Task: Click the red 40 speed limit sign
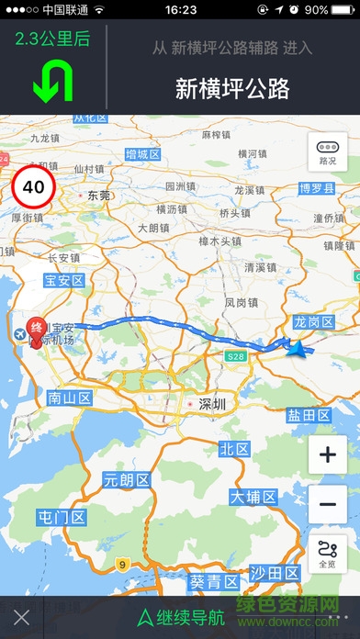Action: click(x=33, y=186)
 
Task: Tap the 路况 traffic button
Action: click(x=328, y=152)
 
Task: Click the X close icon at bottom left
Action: click(x=22, y=617)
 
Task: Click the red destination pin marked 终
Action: click(x=37, y=330)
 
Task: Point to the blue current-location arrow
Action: click(x=296, y=348)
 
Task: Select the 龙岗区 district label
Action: click(x=313, y=321)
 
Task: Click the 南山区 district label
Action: click(x=70, y=398)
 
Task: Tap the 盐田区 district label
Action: click(x=308, y=415)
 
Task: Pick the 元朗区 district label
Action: click(x=125, y=479)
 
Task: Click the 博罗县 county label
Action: click(x=319, y=188)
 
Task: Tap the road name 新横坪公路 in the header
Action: click(x=232, y=88)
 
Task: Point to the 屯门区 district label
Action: click(x=61, y=518)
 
